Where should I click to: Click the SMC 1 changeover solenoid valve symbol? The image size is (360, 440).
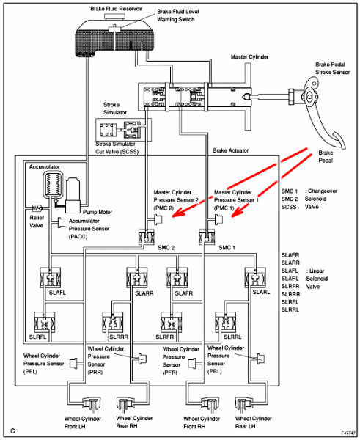[207, 236]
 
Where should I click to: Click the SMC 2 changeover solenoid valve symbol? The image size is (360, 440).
[146, 236]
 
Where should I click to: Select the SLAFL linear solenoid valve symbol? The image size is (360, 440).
[51, 277]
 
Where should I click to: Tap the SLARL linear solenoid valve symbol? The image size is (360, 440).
[255, 277]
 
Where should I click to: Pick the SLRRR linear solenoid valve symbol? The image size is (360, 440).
[112, 322]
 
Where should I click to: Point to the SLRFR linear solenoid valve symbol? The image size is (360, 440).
[172, 322]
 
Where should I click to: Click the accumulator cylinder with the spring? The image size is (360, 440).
[53, 184]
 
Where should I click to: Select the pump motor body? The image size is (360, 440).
[73, 196]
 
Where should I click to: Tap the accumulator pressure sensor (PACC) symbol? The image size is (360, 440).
[61, 222]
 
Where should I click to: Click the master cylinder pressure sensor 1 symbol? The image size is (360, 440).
[219, 219]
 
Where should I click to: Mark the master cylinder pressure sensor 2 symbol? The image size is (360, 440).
[158, 219]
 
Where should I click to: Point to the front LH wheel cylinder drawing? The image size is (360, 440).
[91, 404]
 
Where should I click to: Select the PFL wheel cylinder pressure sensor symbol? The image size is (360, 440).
[74, 364]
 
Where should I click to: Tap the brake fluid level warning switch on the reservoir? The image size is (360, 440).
[114, 29]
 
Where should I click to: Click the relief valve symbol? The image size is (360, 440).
[37, 208]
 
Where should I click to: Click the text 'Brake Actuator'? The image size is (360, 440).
[231, 150]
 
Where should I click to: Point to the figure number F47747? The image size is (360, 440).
[349, 433]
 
